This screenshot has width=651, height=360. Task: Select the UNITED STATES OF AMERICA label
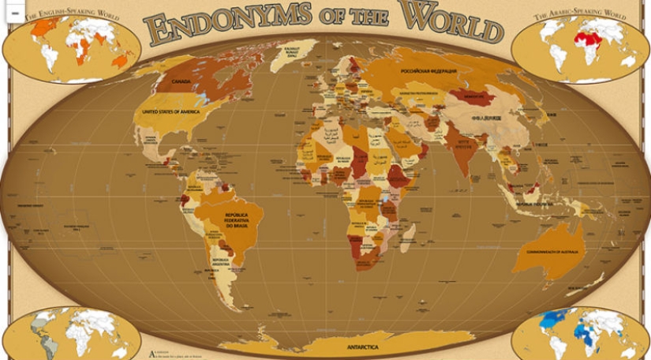[170, 112]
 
